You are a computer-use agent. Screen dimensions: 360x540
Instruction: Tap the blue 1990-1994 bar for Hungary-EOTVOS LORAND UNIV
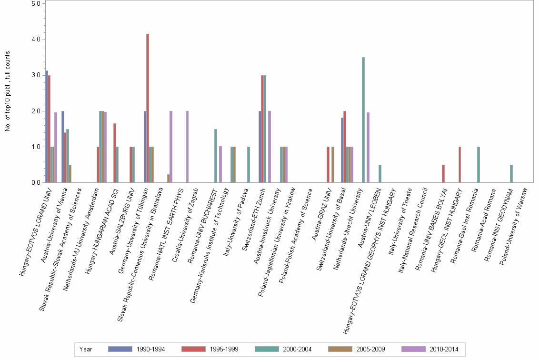47,127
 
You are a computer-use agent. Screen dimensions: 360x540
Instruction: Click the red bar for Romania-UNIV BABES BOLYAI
443,174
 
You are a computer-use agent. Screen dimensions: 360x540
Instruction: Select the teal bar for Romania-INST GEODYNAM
511,174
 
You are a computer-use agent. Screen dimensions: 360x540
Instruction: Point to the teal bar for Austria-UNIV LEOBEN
380,174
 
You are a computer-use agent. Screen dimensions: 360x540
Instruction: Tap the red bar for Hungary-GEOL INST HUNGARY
460,165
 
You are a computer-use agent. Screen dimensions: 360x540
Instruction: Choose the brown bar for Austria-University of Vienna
70,174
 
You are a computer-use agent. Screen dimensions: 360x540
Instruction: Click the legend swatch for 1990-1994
120,349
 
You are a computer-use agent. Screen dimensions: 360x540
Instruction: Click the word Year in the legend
86,349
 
